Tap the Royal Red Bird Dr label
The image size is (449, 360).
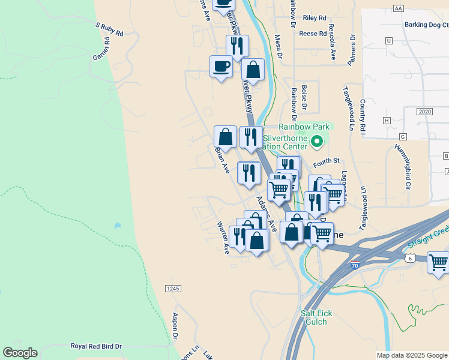click(96, 346)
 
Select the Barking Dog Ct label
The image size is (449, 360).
click(427, 25)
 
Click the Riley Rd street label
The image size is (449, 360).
click(315, 18)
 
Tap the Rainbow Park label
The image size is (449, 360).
click(304, 127)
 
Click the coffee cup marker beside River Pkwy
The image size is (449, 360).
click(221, 65)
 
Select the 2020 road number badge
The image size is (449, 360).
click(424, 112)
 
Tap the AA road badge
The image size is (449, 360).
click(399, 8)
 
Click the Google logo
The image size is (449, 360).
click(20, 353)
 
